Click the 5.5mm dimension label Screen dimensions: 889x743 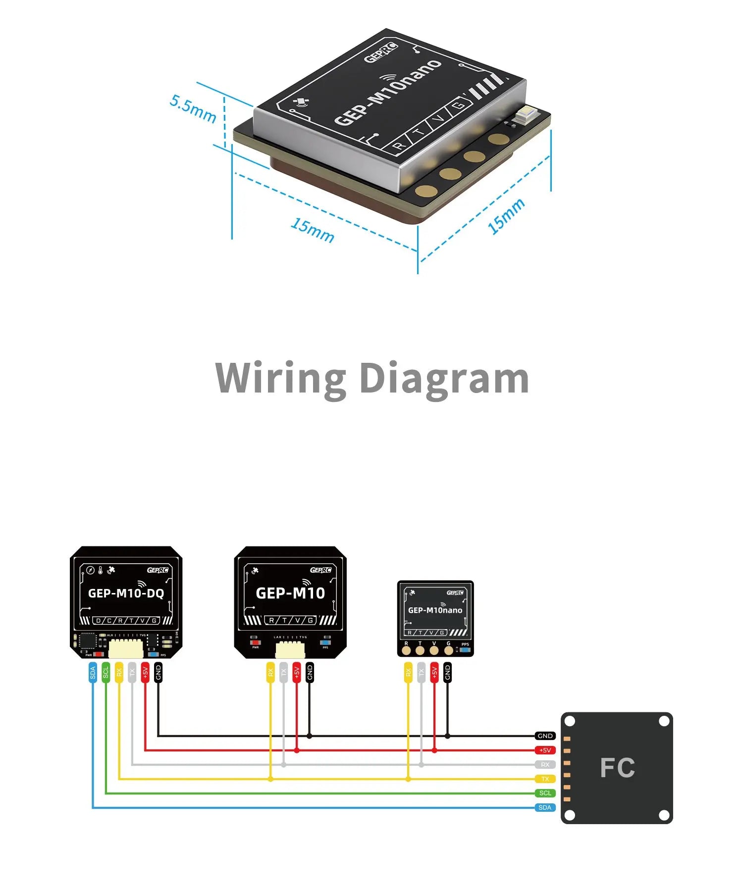pos(193,109)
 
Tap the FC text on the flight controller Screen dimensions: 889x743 pos(617,768)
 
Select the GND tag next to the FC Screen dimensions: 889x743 pos(545,736)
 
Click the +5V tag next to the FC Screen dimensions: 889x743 pos(545,750)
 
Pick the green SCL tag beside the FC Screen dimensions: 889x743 pos(545,793)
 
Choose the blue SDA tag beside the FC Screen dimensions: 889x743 pos(545,807)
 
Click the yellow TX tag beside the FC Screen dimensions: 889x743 pos(545,779)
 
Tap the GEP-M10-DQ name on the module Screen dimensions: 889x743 pos(126,593)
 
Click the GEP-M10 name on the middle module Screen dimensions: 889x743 pos(290,593)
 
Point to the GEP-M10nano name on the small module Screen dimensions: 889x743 pos(435,610)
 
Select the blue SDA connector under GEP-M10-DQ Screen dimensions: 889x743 pos(93,673)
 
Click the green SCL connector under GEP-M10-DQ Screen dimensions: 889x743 pos(106,673)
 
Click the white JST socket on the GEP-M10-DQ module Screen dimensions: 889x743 pos(126,648)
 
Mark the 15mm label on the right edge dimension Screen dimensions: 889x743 pos(506,216)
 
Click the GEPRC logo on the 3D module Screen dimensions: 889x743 pos(380,52)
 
